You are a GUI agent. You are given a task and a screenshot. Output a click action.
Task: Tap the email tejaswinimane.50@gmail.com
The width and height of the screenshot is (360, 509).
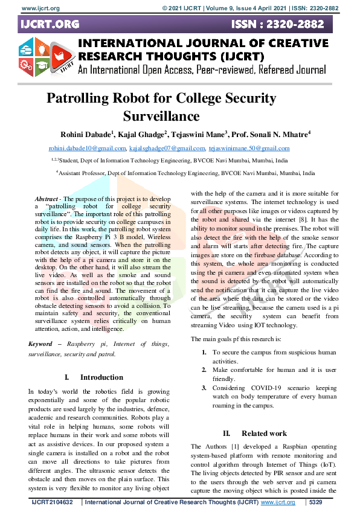click(249, 149)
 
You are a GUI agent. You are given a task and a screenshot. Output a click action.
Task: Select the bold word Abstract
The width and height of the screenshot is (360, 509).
click(47, 199)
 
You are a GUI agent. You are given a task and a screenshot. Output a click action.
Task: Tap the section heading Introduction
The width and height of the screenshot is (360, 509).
click(101, 377)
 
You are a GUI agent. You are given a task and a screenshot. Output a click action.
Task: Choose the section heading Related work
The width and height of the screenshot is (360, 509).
click(264, 433)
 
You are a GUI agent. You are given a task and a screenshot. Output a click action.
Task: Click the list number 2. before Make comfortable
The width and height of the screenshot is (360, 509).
click(205, 368)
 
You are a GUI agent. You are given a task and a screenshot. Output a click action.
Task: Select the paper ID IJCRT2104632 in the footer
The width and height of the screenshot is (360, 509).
click(52, 502)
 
